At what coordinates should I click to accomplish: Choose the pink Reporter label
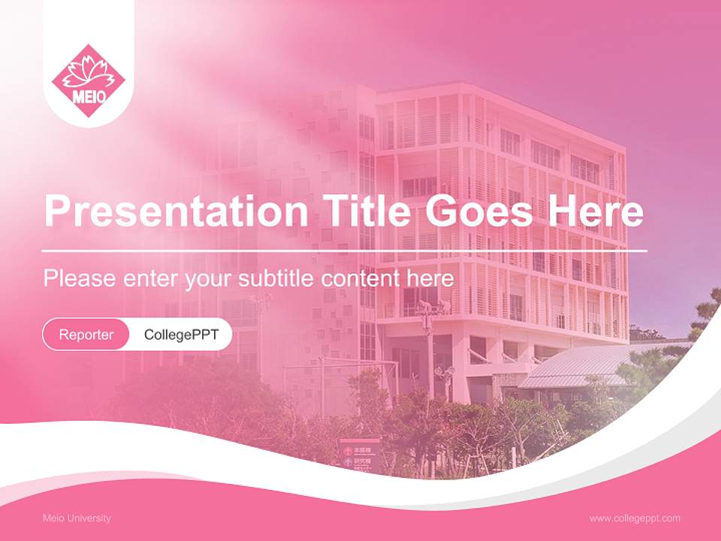point(86,334)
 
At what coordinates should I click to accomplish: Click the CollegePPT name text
point(181,334)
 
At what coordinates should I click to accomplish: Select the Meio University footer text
point(77,518)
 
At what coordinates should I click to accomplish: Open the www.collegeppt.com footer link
point(635,518)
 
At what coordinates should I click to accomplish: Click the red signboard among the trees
point(359,455)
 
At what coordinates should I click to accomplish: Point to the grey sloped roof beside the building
point(578,367)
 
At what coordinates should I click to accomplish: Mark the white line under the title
point(345,250)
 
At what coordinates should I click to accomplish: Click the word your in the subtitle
point(211,280)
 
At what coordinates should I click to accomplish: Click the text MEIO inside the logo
point(88,97)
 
